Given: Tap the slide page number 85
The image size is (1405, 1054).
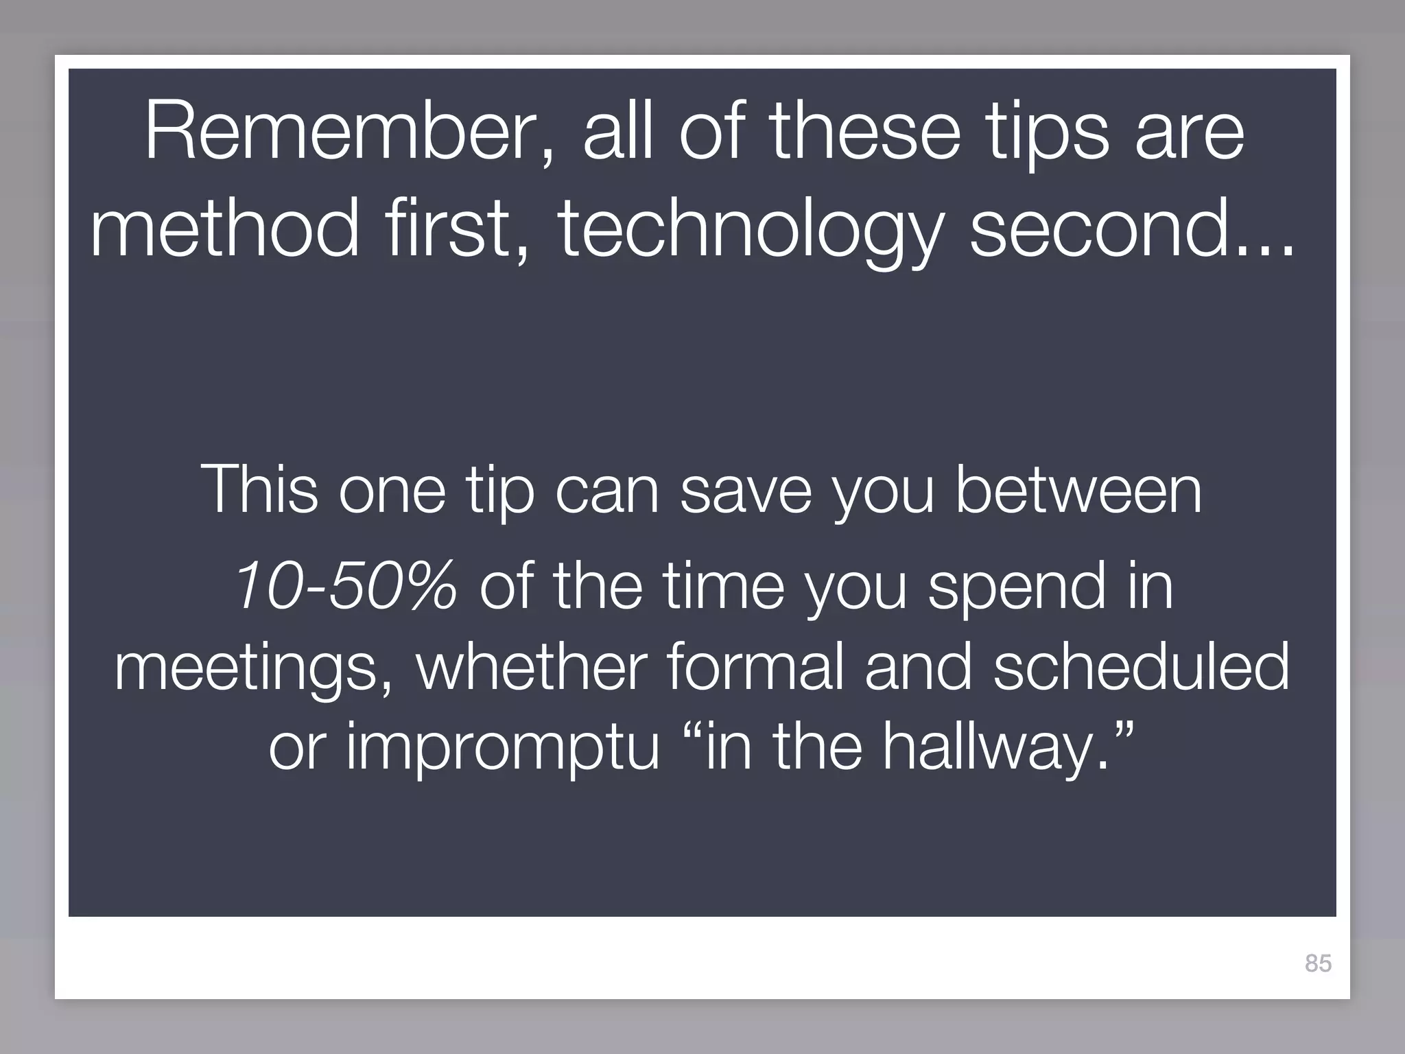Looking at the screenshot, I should [1318, 963].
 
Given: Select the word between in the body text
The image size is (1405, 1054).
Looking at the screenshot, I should [1078, 490].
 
